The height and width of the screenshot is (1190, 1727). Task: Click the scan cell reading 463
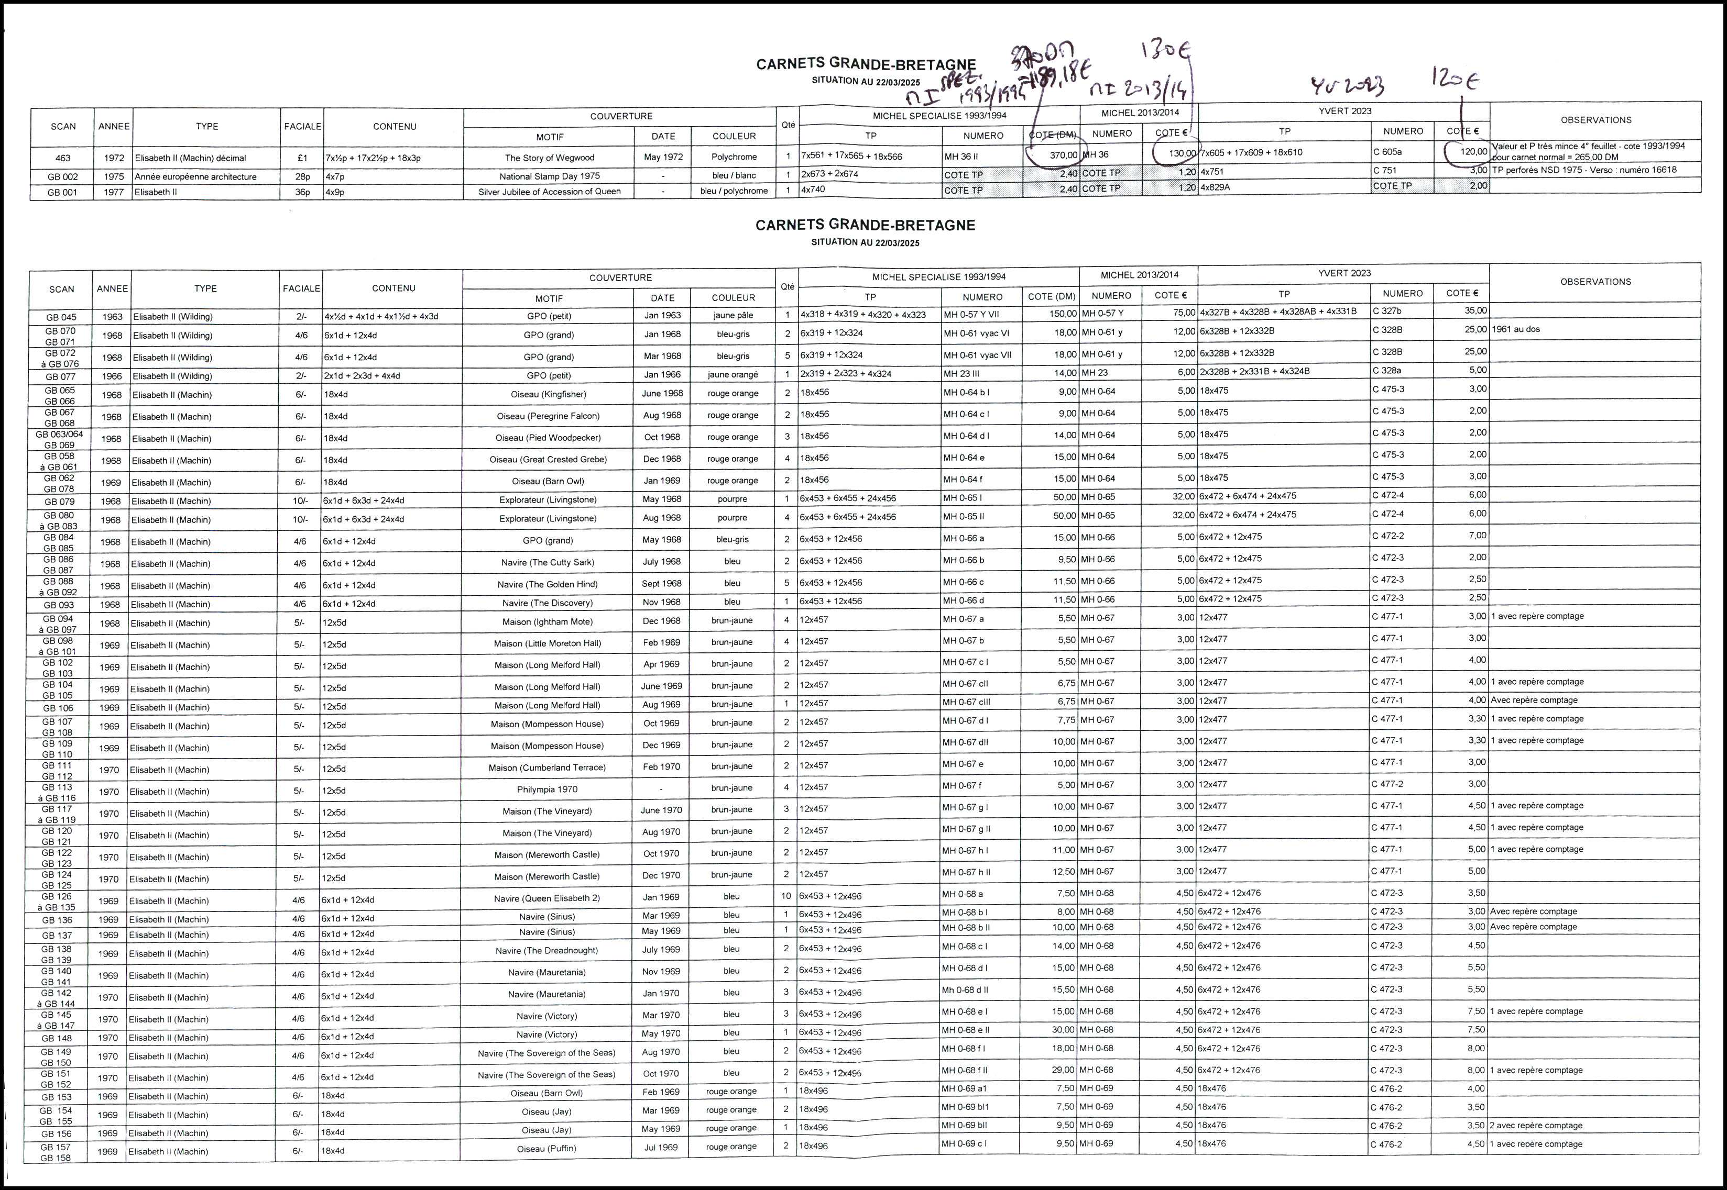tap(63, 158)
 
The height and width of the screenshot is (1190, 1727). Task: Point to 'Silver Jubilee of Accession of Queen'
tap(549, 192)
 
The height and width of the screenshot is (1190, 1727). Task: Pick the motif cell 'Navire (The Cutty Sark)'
tap(548, 562)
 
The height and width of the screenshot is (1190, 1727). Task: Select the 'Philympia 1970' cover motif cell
tap(547, 789)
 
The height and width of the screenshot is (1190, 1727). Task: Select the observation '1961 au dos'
tap(1515, 329)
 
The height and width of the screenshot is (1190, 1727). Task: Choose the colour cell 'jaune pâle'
tap(734, 315)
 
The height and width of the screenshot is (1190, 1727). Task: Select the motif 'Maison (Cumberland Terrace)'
tap(547, 767)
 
